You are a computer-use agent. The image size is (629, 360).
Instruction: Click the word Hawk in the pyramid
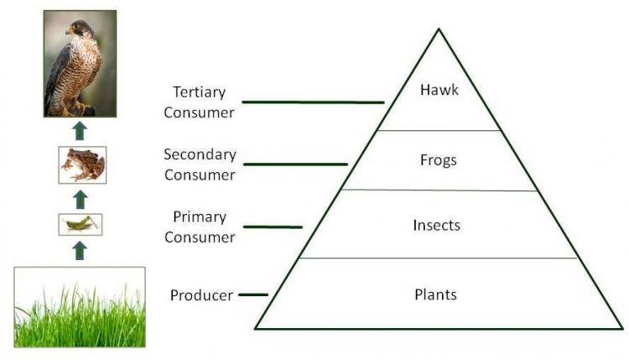(x=439, y=91)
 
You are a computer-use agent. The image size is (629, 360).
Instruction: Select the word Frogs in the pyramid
(x=439, y=159)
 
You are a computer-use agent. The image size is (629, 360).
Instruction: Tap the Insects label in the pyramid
(x=437, y=225)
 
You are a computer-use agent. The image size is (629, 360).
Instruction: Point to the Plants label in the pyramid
(x=436, y=295)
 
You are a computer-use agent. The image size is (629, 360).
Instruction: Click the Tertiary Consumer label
(x=199, y=102)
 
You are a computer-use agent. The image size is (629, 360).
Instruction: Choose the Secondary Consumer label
(x=200, y=164)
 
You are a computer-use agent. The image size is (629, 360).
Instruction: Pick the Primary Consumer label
(x=200, y=227)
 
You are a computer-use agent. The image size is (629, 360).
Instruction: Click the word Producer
(x=201, y=295)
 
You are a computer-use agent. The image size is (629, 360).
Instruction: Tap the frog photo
(x=83, y=164)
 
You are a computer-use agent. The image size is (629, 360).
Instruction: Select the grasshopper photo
(x=81, y=224)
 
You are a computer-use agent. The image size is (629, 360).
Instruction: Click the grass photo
(x=80, y=306)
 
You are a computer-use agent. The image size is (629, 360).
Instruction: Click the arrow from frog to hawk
(x=80, y=130)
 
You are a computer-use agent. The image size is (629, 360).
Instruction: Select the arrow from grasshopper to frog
(x=81, y=199)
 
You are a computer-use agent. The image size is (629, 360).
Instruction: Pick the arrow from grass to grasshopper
(x=81, y=250)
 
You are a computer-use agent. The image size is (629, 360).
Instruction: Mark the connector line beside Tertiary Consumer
(x=312, y=102)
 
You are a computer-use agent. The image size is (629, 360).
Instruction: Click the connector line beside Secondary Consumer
(x=294, y=164)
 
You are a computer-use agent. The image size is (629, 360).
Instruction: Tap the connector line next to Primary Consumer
(x=273, y=227)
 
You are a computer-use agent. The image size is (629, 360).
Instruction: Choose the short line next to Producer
(x=252, y=295)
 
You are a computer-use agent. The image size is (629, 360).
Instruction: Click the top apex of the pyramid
(x=439, y=29)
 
